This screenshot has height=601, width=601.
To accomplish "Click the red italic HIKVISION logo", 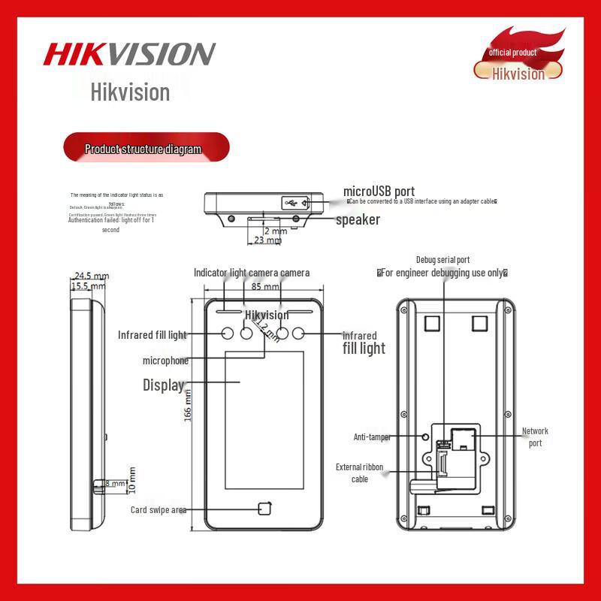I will pyautogui.click(x=129, y=54).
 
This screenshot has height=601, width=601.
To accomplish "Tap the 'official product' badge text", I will pyautogui.click(x=512, y=53).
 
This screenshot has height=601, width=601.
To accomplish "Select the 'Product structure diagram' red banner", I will pyautogui.click(x=143, y=149).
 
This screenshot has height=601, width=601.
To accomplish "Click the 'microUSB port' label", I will pyautogui.click(x=379, y=192).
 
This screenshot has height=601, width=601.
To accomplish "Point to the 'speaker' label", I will pyautogui.click(x=358, y=219).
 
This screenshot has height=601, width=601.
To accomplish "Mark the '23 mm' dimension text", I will pyautogui.click(x=268, y=240).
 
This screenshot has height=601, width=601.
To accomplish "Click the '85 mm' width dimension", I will pyautogui.click(x=266, y=286).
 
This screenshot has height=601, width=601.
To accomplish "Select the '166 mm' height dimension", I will pyautogui.click(x=188, y=406).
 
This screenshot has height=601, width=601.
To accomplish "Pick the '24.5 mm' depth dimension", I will pyautogui.click(x=91, y=276).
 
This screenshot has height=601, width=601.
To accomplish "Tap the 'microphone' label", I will pyautogui.click(x=165, y=361).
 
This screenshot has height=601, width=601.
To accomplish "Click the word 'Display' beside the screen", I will pyautogui.click(x=164, y=385).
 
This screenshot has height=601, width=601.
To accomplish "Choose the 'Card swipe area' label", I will pyautogui.click(x=158, y=510).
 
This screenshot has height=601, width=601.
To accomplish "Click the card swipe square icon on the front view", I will pyautogui.click(x=264, y=509).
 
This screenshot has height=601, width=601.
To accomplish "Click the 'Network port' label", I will pyautogui.click(x=535, y=437).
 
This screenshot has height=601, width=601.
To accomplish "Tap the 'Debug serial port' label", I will pyautogui.click(x=442, y=260).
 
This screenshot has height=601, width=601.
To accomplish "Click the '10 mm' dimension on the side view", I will pyautogui.click(x=132, y=480).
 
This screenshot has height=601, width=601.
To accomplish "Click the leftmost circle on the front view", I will pyautogui.click(x=228, y=334).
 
